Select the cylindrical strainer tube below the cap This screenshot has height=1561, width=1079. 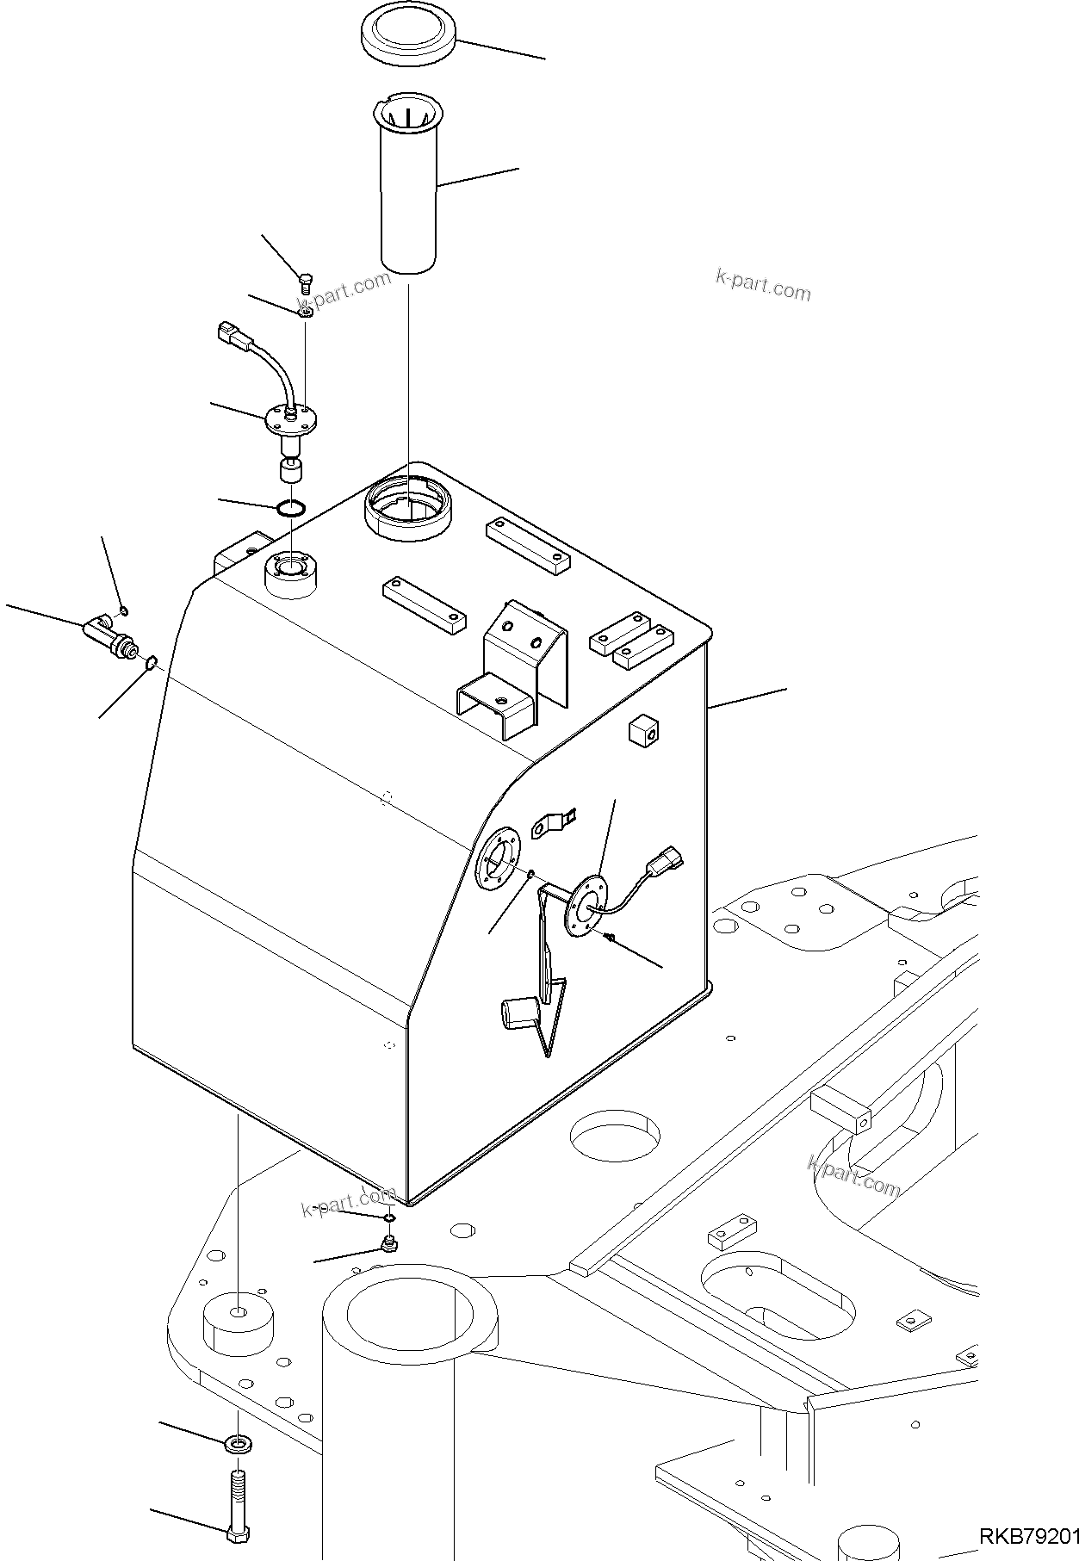coord(409,185)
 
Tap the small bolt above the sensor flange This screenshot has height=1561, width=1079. coord(306,279)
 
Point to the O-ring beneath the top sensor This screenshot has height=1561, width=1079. coord(291,508)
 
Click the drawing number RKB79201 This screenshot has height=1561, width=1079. coord(1026,1535)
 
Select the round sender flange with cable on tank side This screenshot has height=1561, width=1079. coord(586,905)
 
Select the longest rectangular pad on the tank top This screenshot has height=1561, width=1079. coord(528,546)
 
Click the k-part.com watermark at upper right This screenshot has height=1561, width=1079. coord(763,286)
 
